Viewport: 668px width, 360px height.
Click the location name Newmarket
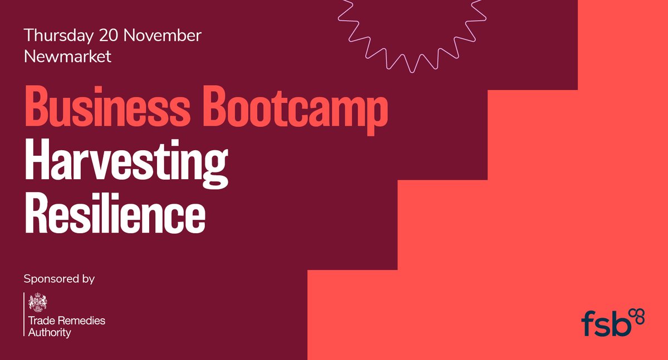67,56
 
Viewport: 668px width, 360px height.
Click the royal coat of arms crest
38,302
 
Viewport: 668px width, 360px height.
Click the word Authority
50,332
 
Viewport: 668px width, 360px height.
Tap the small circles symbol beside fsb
638,315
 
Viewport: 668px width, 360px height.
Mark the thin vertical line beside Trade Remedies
24,314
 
